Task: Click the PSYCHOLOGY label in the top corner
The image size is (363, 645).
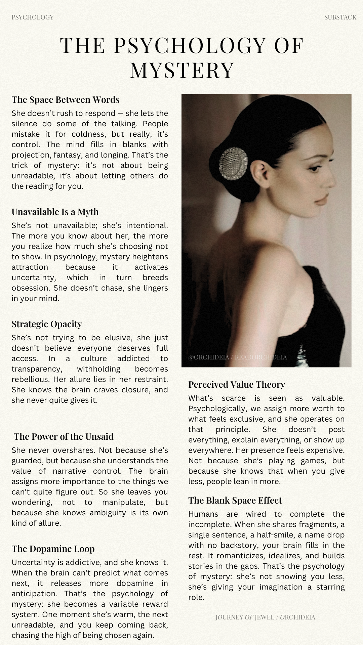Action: pos(33,17)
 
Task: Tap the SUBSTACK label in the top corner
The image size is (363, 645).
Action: pos(340,17)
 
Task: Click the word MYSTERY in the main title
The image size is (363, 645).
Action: pos(182,70)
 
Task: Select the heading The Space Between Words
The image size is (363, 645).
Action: pos(66,100)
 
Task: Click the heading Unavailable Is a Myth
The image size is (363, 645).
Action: pos(55,212)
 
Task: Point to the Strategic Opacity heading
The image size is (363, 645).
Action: pos(47,324)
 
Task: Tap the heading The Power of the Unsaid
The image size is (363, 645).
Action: pos(64,436)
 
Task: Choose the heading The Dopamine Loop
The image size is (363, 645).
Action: pos(53,549)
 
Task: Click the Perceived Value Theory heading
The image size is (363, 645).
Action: pos(237,384)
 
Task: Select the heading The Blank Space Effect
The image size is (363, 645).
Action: pos(235,500)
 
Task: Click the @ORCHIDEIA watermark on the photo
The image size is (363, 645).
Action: pos(238,357)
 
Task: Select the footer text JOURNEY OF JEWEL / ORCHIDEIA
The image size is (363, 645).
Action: pos(265,617)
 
